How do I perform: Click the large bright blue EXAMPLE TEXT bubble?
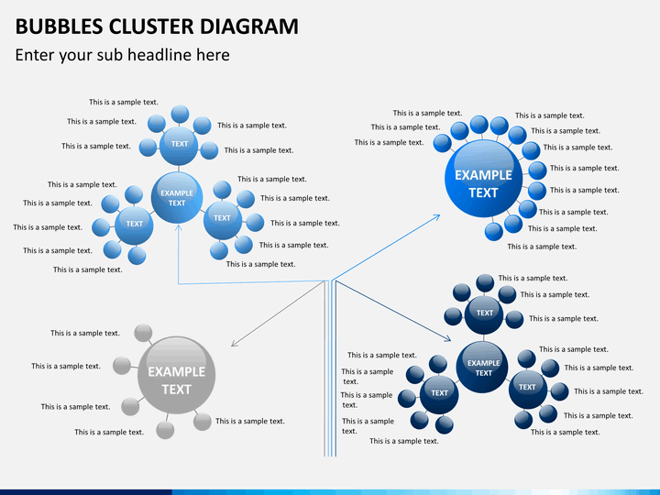pos(483,183)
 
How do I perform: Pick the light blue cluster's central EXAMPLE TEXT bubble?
pos(177,197)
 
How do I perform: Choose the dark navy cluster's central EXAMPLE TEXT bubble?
pos(483,368)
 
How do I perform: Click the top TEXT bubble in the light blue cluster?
pos(180,143)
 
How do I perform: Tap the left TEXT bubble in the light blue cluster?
pos(135,224)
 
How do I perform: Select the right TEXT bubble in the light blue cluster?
pos(222,218)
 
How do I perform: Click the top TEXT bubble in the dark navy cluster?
pos(484,313)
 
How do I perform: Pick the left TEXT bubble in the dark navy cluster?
pos(440,393)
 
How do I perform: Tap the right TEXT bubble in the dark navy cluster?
pos(527,387)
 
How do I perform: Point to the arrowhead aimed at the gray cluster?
pos(233,345)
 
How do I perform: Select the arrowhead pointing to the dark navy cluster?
pos(449,339)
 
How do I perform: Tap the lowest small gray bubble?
pos(165,429)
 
